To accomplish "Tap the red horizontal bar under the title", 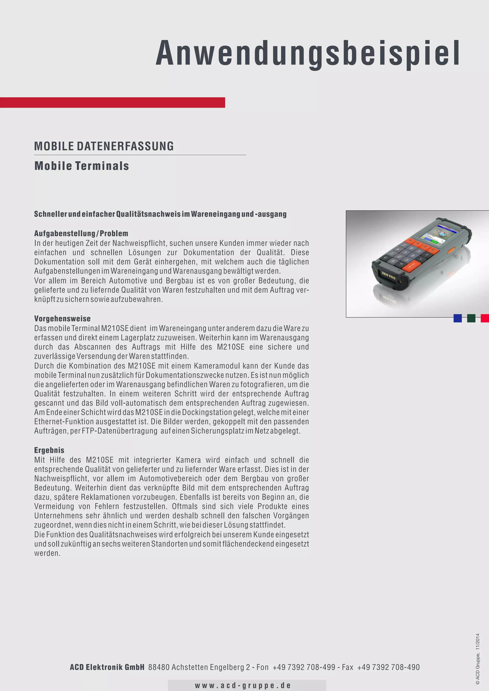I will [112, 102].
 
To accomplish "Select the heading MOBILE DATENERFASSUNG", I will [104, 146].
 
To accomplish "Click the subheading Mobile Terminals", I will [82, 166].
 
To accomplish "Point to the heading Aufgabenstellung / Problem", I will [81, 233].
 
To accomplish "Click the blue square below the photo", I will [457, 318].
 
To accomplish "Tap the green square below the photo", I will [471, 318].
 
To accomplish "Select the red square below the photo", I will [484, 318].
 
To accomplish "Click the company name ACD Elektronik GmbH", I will [107, 667].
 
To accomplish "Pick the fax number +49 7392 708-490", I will [388, 667].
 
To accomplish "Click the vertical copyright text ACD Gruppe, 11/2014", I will [478, 659].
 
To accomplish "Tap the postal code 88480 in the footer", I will [159, 667].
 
